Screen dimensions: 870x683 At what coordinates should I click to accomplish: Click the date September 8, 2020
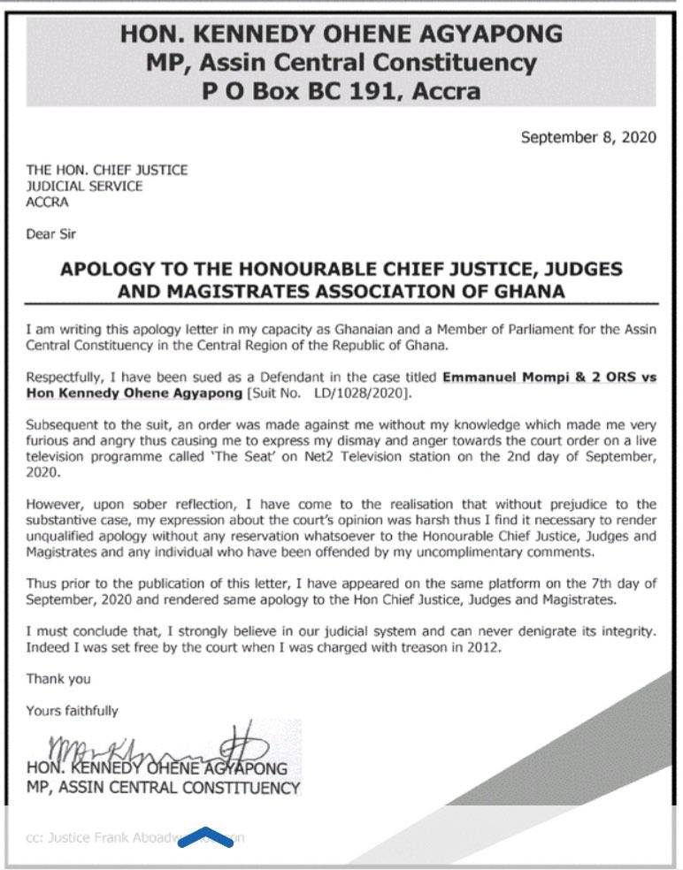(587, 137)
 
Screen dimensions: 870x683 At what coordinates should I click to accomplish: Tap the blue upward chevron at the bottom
(205, 836)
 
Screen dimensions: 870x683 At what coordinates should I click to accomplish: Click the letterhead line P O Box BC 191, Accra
(341, 90)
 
